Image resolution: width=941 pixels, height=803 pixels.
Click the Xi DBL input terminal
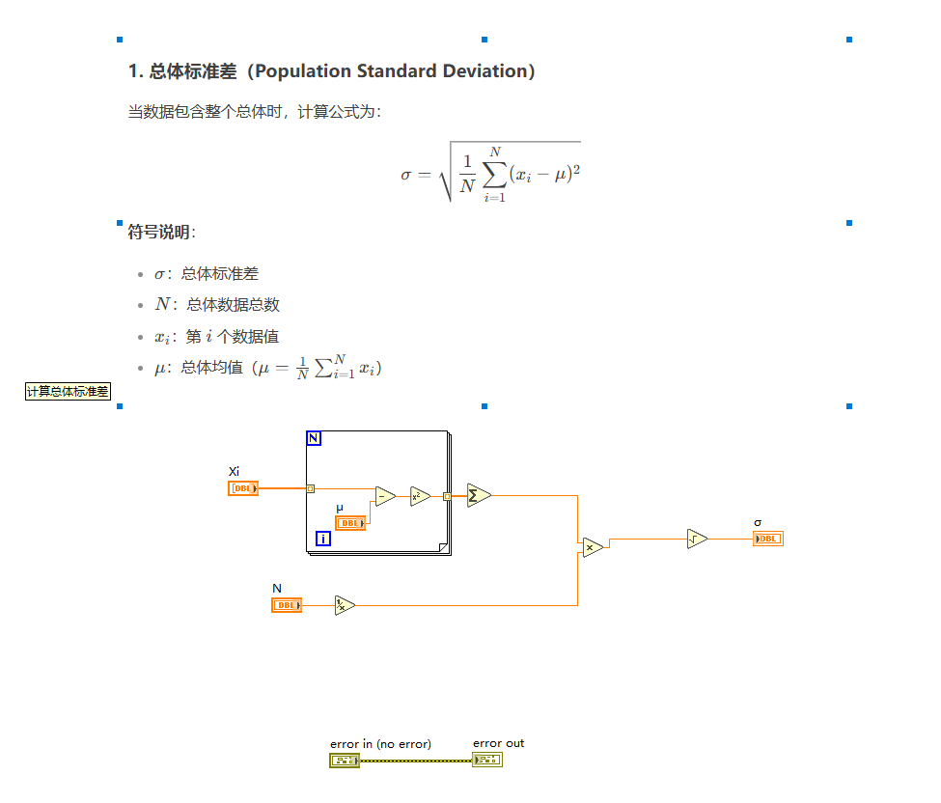pos(243,488)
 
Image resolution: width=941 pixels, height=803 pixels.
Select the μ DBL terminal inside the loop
pos(350,523)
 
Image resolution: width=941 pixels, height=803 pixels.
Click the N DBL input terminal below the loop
pos(287,605)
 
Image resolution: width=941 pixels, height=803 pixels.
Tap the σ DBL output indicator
pos(768,539)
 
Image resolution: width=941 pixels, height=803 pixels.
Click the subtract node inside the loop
pos(385,497)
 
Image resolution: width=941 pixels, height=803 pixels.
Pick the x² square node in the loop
pos(420,497)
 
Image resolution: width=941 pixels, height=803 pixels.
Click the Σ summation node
pos(478,495)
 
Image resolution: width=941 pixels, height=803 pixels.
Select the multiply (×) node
pos(592,547)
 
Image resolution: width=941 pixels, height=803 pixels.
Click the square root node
pos(697,539)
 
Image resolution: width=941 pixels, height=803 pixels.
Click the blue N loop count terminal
pos(314,439)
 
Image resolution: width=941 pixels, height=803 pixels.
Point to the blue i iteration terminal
pos(323,539)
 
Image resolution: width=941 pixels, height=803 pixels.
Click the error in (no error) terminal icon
pos(345,761)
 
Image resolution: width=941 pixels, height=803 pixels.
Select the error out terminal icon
pos(487,761)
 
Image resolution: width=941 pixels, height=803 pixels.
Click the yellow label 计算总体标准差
pos(68,391)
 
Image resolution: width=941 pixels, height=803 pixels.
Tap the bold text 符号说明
pos(160,232)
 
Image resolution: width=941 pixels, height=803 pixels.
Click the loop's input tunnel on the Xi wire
pos(310,488)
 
